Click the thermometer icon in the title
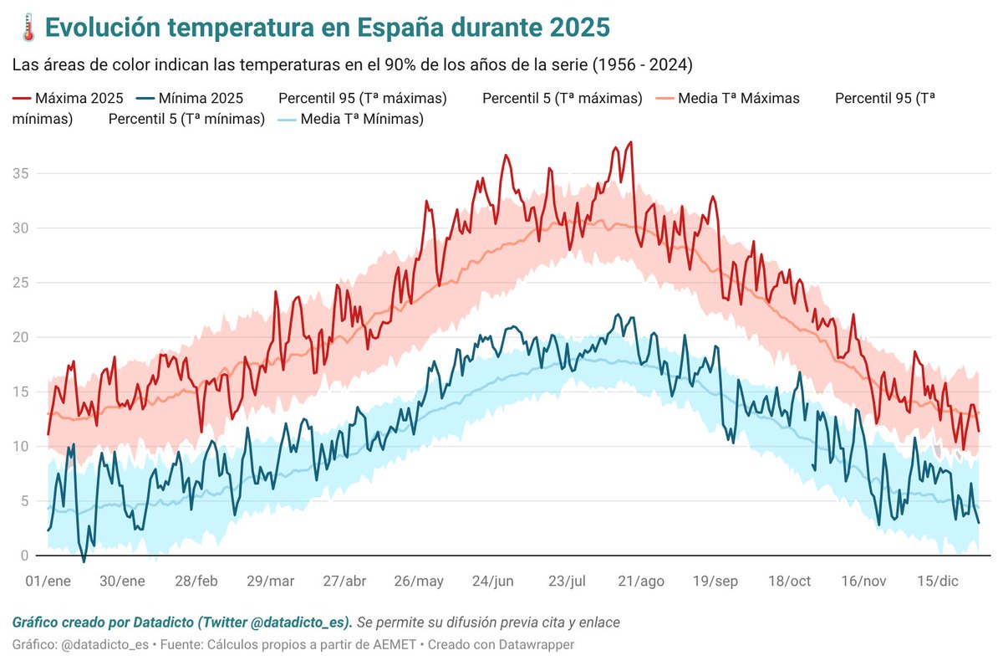pos(26,27)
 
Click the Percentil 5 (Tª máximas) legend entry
pos(562,98)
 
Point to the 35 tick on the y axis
pos(20,173)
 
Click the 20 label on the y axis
pos(20,337)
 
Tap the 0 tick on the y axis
pos(24,556)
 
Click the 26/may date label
pos(419,581)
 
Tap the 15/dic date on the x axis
pos(938,581)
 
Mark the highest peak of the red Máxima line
pos(630,142)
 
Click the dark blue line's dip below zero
pos(84,561)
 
